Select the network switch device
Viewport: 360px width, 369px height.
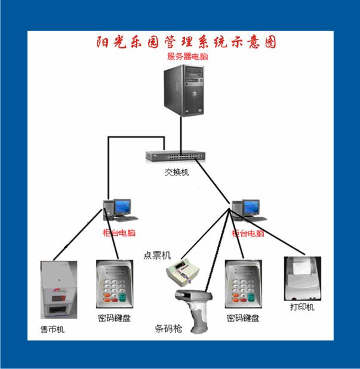coord(176,157)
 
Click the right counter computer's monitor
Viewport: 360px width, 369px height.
coord(251,207)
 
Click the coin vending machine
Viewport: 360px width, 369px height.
coord(59,290)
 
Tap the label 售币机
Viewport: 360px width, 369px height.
coord(52,330)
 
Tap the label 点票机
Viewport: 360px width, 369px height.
coord(157,255)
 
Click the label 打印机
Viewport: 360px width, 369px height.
coord(302,307)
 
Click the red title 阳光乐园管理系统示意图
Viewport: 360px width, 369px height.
coord(187,42)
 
